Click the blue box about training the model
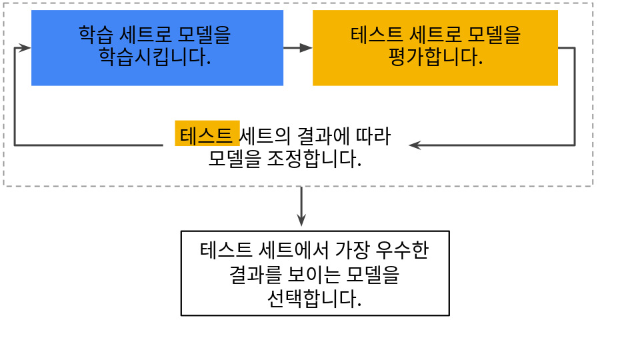click(x=157, y=47)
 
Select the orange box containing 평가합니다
click(x=435, y=47)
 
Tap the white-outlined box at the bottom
click(x=315, y=273)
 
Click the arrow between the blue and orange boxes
click(x=298, y=48)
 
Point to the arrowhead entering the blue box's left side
click(x=25, y=48)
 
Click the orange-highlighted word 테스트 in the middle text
click(x=207, y=134)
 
